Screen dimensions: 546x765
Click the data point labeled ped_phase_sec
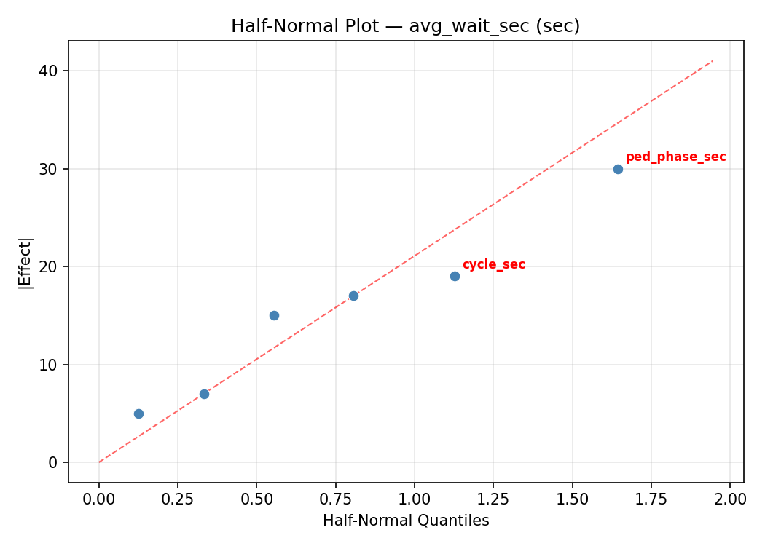click(618, 169)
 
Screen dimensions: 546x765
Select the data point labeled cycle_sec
click(455, 276)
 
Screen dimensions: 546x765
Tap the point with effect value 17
click(353, 296)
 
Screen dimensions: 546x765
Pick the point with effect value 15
click(274, 315)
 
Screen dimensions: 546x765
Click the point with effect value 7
click(204, 394)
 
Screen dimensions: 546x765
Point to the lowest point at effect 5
click(138, 414)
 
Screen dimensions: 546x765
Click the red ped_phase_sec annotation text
click(675, 157)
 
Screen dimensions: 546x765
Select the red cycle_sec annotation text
click(493, 264)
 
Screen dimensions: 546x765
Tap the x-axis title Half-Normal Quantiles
click(406, 521)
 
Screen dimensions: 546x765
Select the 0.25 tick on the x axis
click(178, 499)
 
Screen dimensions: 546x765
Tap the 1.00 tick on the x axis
click(414, 499)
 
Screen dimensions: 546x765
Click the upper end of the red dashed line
click(713, 60)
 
